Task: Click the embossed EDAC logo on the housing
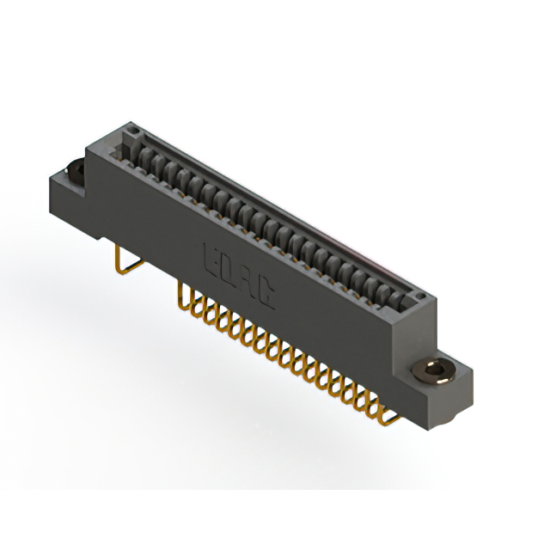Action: coord(238,278)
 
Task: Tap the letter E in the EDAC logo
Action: coord(210,259)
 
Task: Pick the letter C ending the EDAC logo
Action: coord(266,296)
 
